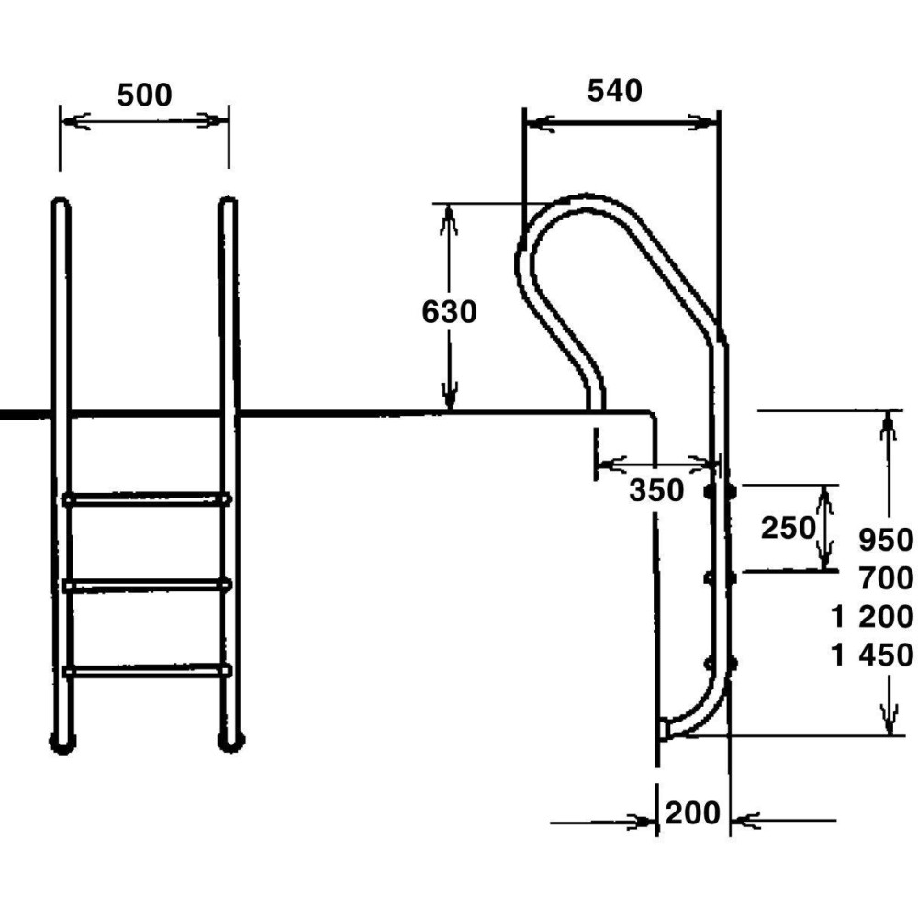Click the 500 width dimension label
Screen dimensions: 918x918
tap(144, 95)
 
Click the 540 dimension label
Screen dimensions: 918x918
tap(614, 90)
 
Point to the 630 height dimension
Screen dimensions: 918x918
tap(449, 312)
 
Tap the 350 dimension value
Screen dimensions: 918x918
tap(656, 491)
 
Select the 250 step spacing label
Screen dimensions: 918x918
tap(788, 527)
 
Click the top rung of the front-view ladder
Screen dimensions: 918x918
tap(146, 499)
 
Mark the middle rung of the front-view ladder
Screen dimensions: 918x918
tap(146, 584)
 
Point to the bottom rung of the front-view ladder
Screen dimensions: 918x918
tap(146, 670)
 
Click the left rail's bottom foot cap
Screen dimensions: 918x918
tap(62, 743)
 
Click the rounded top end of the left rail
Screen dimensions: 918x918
tap(61, 204)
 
